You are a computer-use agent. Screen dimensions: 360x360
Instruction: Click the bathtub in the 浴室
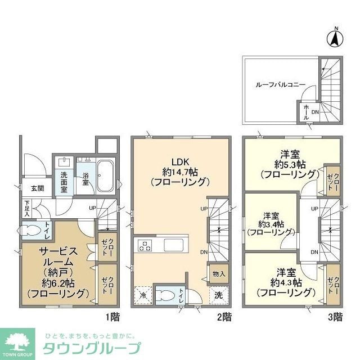106,175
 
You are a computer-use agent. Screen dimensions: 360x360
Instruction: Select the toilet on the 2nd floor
165,295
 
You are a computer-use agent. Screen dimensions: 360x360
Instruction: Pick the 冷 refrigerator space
142,295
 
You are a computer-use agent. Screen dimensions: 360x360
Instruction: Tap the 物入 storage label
219,274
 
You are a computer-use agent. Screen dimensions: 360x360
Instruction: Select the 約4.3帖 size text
285,282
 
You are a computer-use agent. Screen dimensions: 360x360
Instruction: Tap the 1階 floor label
112,317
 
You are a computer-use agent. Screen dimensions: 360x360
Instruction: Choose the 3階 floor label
335,317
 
